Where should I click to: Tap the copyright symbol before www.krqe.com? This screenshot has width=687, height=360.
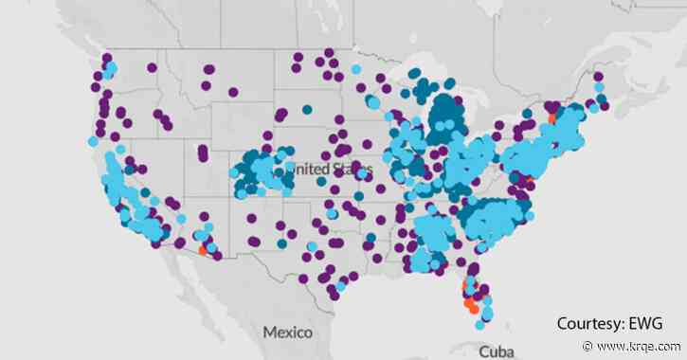[x=589, y=347]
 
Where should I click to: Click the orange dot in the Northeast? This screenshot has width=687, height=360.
[x=553, y=119]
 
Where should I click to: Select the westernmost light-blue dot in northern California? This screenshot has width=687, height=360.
[x=92, y=141]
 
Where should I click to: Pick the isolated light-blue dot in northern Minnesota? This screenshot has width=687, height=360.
[x=356, y=69]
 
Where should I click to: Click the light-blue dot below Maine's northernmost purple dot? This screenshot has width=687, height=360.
[x=598, y=97]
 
